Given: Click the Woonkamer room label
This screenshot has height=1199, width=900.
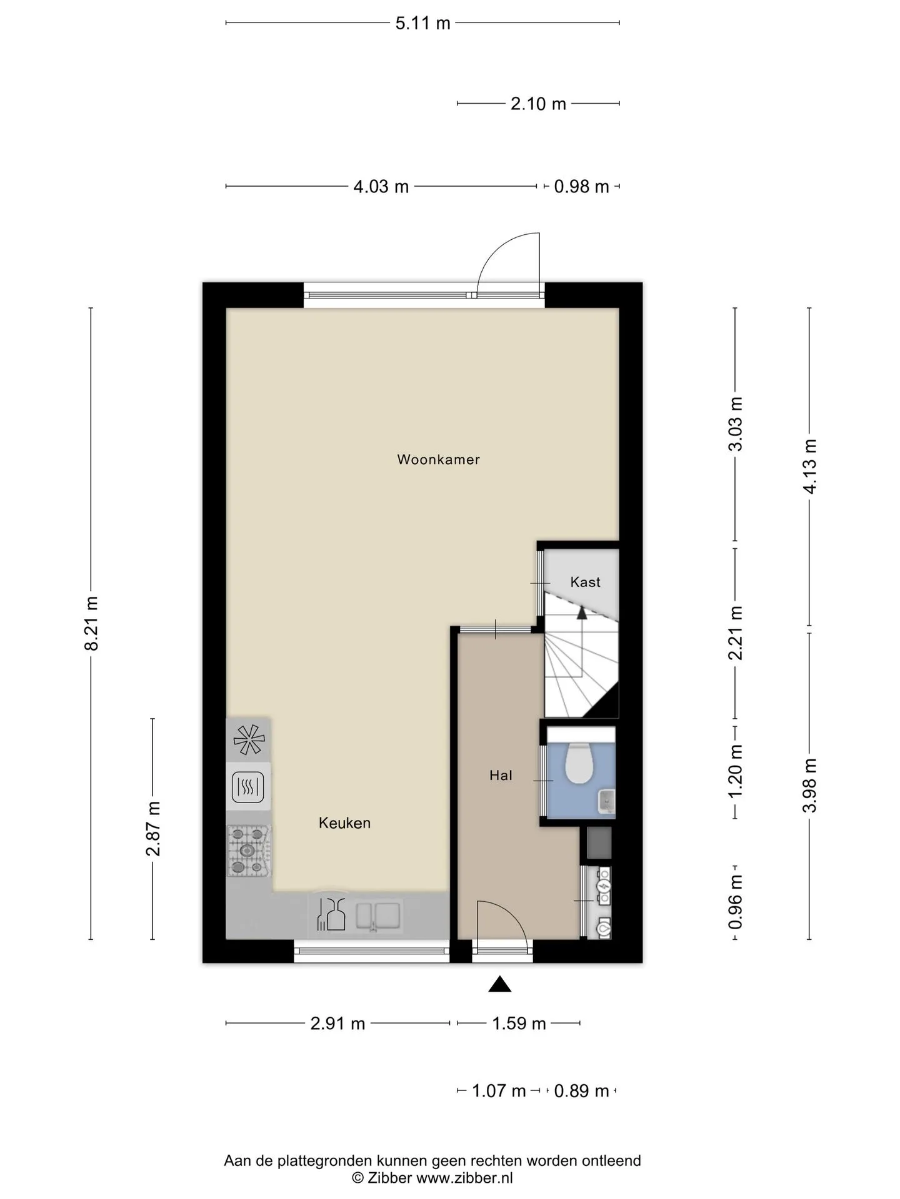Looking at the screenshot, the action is point(438,460).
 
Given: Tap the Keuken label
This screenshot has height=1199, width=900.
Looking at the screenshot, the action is point(344,823).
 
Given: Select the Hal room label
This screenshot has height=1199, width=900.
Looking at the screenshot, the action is point(501,775).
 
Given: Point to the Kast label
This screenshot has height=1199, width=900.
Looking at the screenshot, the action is point(585,582).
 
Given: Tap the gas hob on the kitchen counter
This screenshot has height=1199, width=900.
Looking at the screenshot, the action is point(249,851).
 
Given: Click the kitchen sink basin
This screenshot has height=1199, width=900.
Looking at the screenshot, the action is point(378,916).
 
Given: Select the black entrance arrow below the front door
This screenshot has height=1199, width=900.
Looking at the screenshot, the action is point(500,984).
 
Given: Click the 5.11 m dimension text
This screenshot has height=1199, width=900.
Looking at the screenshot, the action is point(423,23).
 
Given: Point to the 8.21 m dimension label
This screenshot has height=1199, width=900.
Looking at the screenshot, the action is point(91,623).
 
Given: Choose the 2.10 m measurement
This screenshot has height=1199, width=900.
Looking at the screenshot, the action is point(538,104).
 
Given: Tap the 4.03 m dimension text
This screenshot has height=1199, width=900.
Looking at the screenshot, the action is point(381,186).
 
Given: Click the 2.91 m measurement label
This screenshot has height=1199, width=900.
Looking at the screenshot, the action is point(337,1024).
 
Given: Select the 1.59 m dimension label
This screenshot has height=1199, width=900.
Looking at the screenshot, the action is point(519,1024).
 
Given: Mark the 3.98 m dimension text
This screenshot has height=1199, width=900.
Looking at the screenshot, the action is point(810,786).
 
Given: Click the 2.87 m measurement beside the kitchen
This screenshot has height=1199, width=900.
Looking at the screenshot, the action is point(153,829).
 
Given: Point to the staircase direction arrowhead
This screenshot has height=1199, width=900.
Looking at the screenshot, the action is point(582,613).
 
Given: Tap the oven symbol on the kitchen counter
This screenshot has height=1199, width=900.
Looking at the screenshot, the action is point(248,787).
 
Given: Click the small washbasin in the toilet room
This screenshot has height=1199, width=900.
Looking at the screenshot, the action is point(606,801).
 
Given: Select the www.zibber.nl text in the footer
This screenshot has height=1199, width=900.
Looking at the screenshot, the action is point(464,1178).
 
